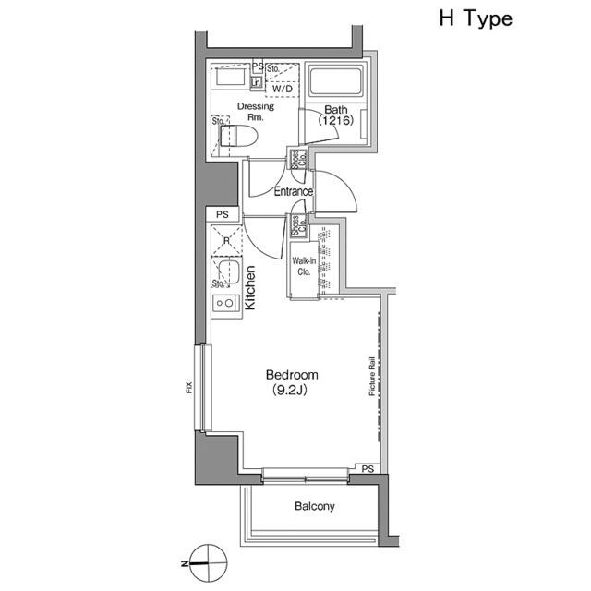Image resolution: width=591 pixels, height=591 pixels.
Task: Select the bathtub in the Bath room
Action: point(335,81)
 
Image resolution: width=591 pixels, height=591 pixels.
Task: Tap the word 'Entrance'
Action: point(294,192)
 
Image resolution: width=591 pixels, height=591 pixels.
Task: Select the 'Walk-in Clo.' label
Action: point(304,267)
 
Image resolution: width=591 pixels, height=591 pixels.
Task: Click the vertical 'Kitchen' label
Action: point(249,287)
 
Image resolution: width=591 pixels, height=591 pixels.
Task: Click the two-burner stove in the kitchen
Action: point(224,302)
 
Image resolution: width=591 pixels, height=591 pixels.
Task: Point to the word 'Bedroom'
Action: point(292,375)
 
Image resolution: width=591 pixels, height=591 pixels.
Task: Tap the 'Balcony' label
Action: point(314,506)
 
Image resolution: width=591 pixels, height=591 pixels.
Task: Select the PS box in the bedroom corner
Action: point(368,469)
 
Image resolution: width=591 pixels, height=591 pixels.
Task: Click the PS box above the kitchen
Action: point(222,214)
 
